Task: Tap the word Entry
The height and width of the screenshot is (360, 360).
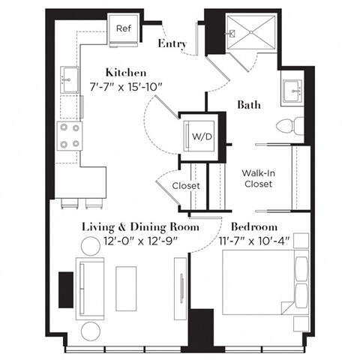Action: click(x=172, y=44)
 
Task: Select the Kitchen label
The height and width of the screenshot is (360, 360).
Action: click(x=124, y=73)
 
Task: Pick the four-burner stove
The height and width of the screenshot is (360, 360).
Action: click(x=70, y=136)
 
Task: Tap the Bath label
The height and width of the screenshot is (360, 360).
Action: click(x=250, y=105)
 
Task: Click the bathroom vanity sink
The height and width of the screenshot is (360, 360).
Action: click(x=291, y=91)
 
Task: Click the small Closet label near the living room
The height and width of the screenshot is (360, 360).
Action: click(x=185, y=185)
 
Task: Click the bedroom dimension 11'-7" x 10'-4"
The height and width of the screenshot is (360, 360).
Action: click(x=256, y=241)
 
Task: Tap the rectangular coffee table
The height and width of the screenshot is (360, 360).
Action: click(x=127, y=285)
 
